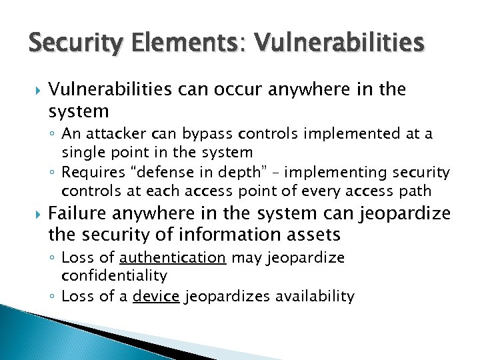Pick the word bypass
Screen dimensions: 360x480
click(x=200, y=135)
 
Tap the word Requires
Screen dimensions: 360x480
click(x=94, y=173)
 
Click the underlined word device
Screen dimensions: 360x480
click(x=156, y=296)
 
